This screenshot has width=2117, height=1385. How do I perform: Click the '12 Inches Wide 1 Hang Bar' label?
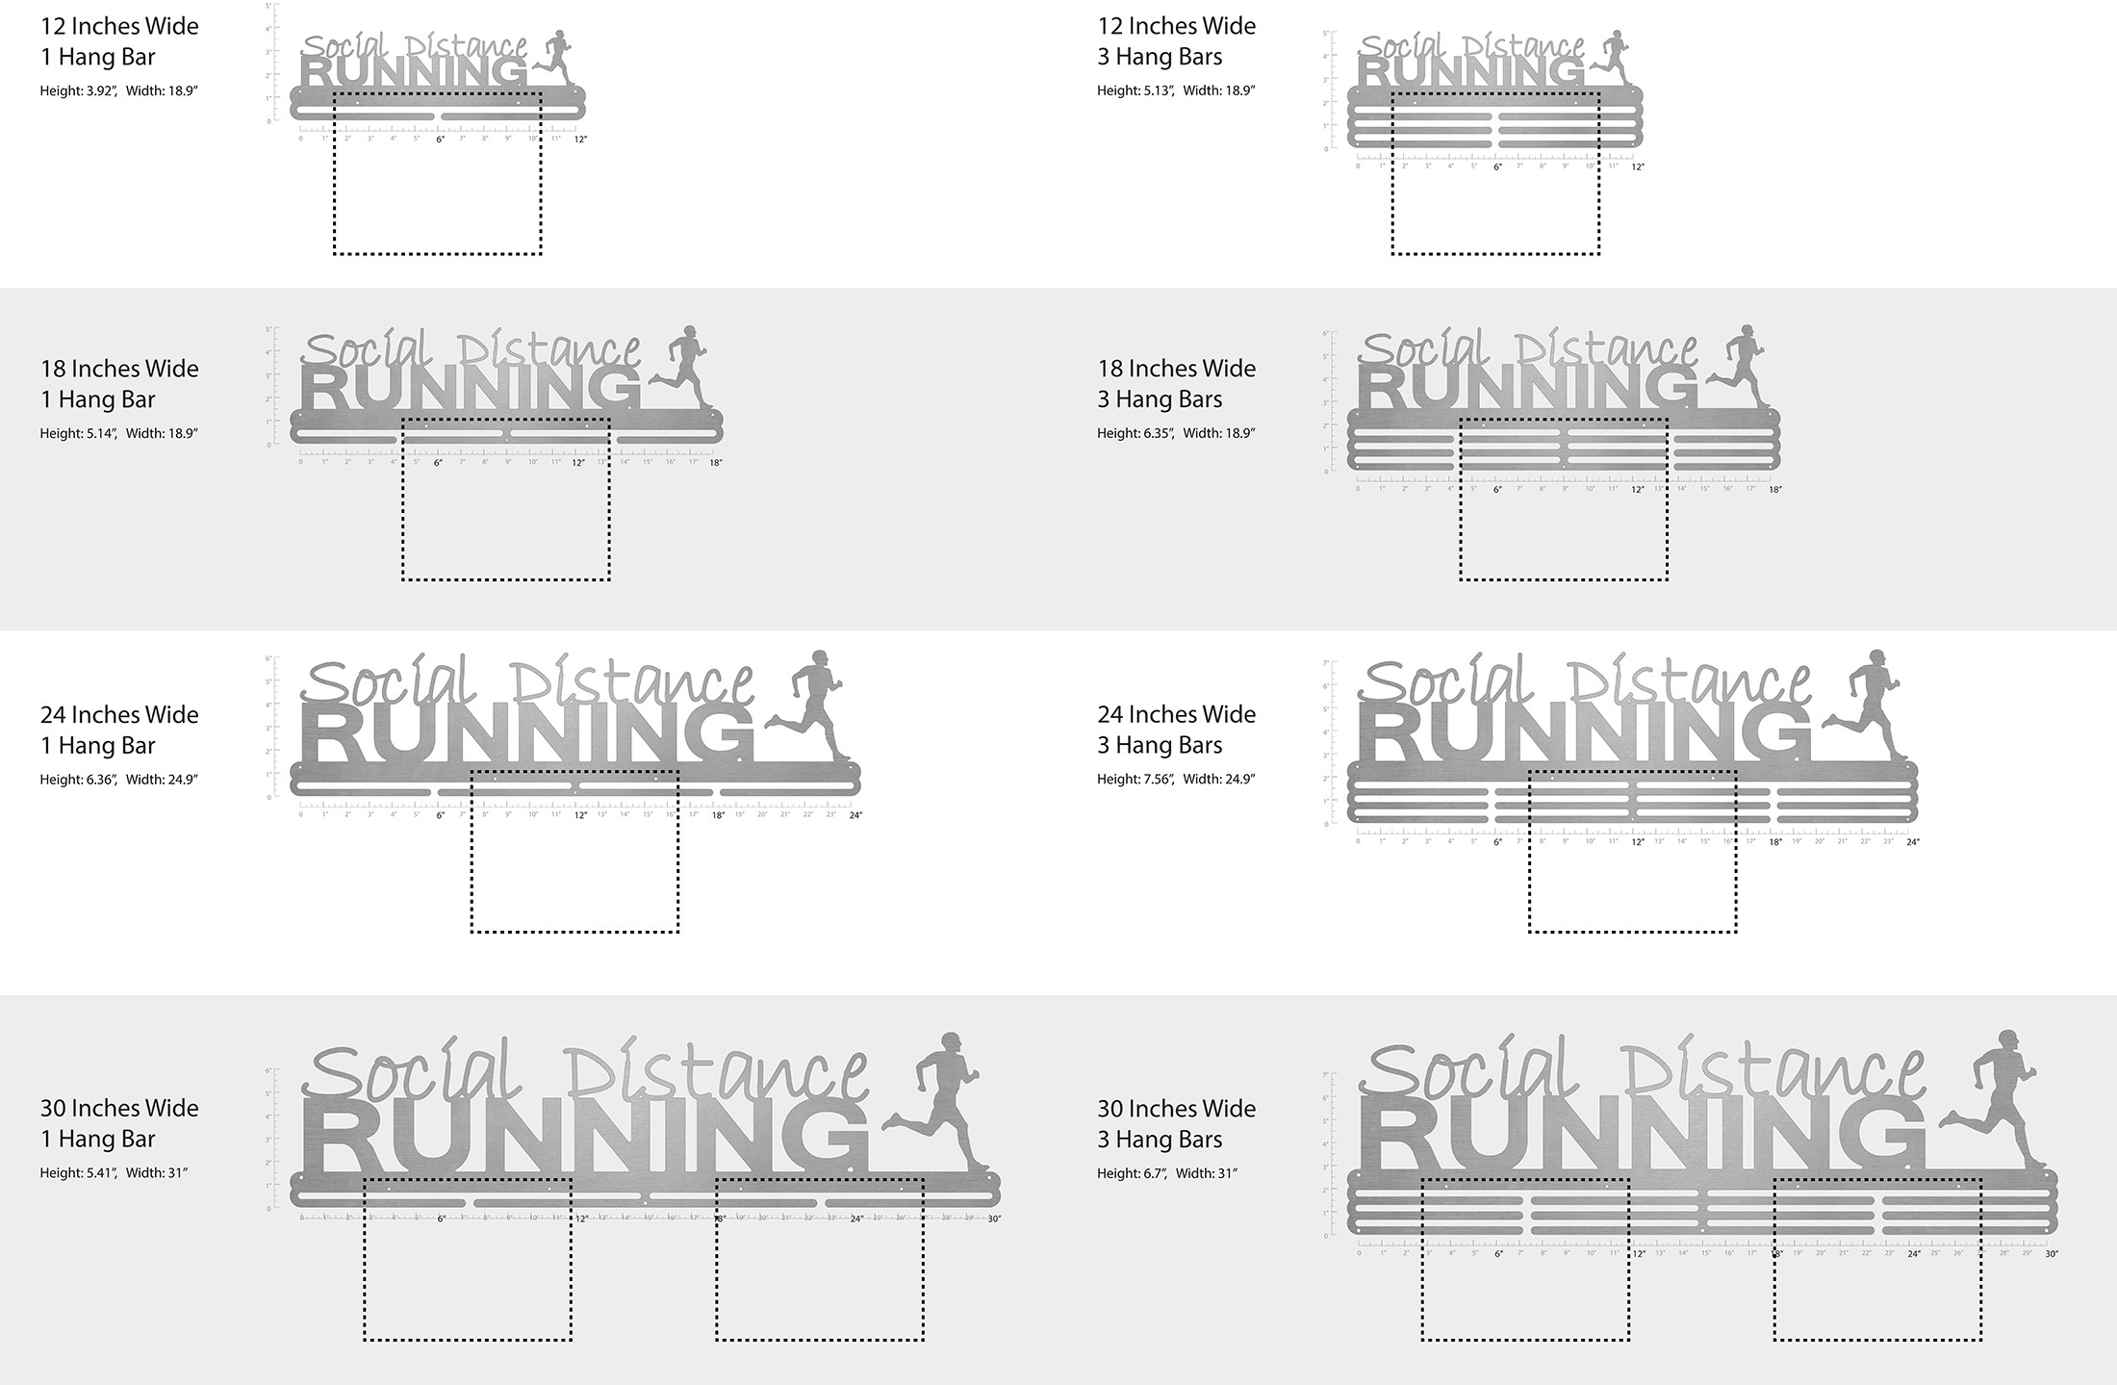click(119, 41)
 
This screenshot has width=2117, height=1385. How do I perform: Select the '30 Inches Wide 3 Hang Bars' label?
click(1176, 1124)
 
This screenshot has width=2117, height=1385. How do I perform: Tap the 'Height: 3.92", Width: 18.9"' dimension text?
click(119, 91)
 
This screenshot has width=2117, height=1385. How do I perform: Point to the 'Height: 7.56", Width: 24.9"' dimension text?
click(1176, 780)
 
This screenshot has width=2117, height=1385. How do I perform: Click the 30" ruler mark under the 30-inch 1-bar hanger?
click(994, 1219)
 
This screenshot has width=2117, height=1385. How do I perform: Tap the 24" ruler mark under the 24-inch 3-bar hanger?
click(1912, 842)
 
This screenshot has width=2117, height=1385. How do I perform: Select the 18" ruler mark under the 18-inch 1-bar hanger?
click(715, 463)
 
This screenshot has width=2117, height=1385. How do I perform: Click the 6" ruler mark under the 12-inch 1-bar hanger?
click(441, 140)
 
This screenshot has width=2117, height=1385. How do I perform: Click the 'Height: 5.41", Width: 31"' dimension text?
click(114, 1173)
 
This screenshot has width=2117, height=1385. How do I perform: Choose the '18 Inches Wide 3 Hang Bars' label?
click(1176, 384)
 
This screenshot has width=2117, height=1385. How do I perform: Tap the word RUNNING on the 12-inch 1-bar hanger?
click(414, 72)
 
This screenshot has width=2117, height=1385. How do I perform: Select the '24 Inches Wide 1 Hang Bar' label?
click(119, 730)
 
